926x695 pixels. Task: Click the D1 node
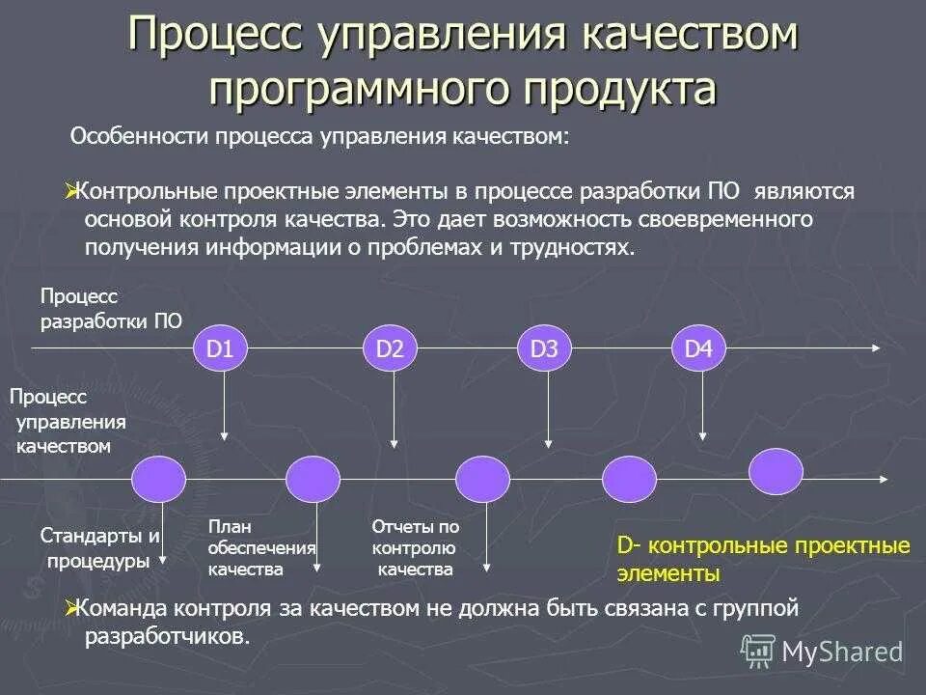(x=221, y=348)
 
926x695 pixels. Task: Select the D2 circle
(x=390, y=348)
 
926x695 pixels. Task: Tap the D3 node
(x=545, y=348)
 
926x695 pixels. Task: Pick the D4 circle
(x=698, y=348)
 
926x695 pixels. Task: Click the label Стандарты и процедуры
(x=99, y=548)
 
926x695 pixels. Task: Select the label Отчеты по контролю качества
(x=415, y=548)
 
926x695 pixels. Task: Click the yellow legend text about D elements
(x=763, y=560)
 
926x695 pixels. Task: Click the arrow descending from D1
(x=225, y=405)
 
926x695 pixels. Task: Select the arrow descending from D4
(x=702, y=405)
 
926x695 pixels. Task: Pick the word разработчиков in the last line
(x=166, y=637)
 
